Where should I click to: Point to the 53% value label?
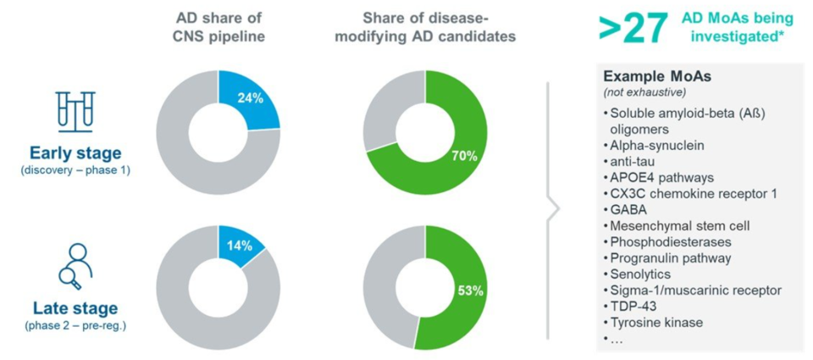point(470,291)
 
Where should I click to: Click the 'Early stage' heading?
point(75,153)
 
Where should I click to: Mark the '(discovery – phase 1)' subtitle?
point(75,171)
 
